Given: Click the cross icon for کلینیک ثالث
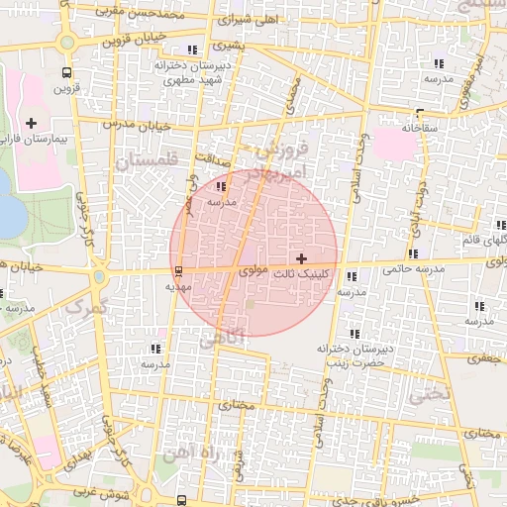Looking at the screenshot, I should coord(301,258).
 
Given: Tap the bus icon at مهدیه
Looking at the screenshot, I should coord(178,270).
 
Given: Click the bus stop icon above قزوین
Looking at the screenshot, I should coord(66,72).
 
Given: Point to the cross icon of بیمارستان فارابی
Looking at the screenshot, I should coord(32,124).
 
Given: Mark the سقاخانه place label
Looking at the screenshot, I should coord(421,129).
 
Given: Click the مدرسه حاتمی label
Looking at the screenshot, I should coord(408,267).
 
